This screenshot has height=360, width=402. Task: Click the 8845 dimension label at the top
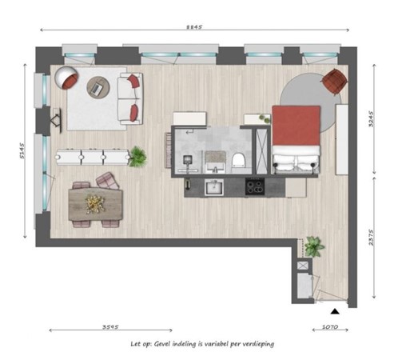(197, 26)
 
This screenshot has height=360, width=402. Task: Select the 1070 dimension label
(330, 326)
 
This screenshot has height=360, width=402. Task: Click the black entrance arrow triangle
(336, 310)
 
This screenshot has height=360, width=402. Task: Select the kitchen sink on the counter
(213, 188)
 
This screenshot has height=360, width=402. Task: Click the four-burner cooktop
(254, 188)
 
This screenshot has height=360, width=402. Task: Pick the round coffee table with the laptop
(98, 86)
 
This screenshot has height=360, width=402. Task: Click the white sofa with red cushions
(129, 97)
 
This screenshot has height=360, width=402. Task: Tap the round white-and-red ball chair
(66, 78)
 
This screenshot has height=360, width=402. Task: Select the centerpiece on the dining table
(95, 202)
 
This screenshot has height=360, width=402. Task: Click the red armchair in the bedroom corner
(333, 79)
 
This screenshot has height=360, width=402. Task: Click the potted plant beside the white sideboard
(137, 157)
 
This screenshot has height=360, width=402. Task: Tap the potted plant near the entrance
(313, 246)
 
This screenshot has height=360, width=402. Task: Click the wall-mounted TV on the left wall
(57, 120)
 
